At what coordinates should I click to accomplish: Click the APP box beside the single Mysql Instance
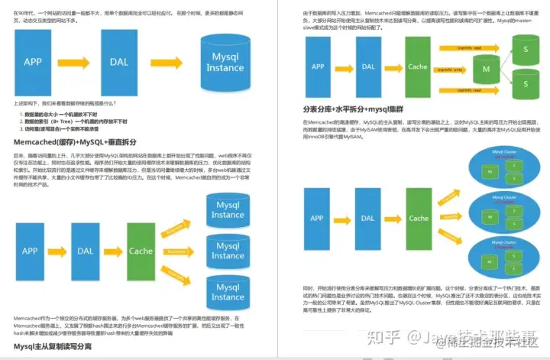(x=33, y=62)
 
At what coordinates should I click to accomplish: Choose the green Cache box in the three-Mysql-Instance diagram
(x=141, y=251)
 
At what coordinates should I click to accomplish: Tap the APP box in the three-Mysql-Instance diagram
(x=31, y=251)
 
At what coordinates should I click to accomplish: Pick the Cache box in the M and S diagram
(x=418, y=66)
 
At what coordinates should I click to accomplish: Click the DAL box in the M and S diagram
(x=369, y=66)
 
